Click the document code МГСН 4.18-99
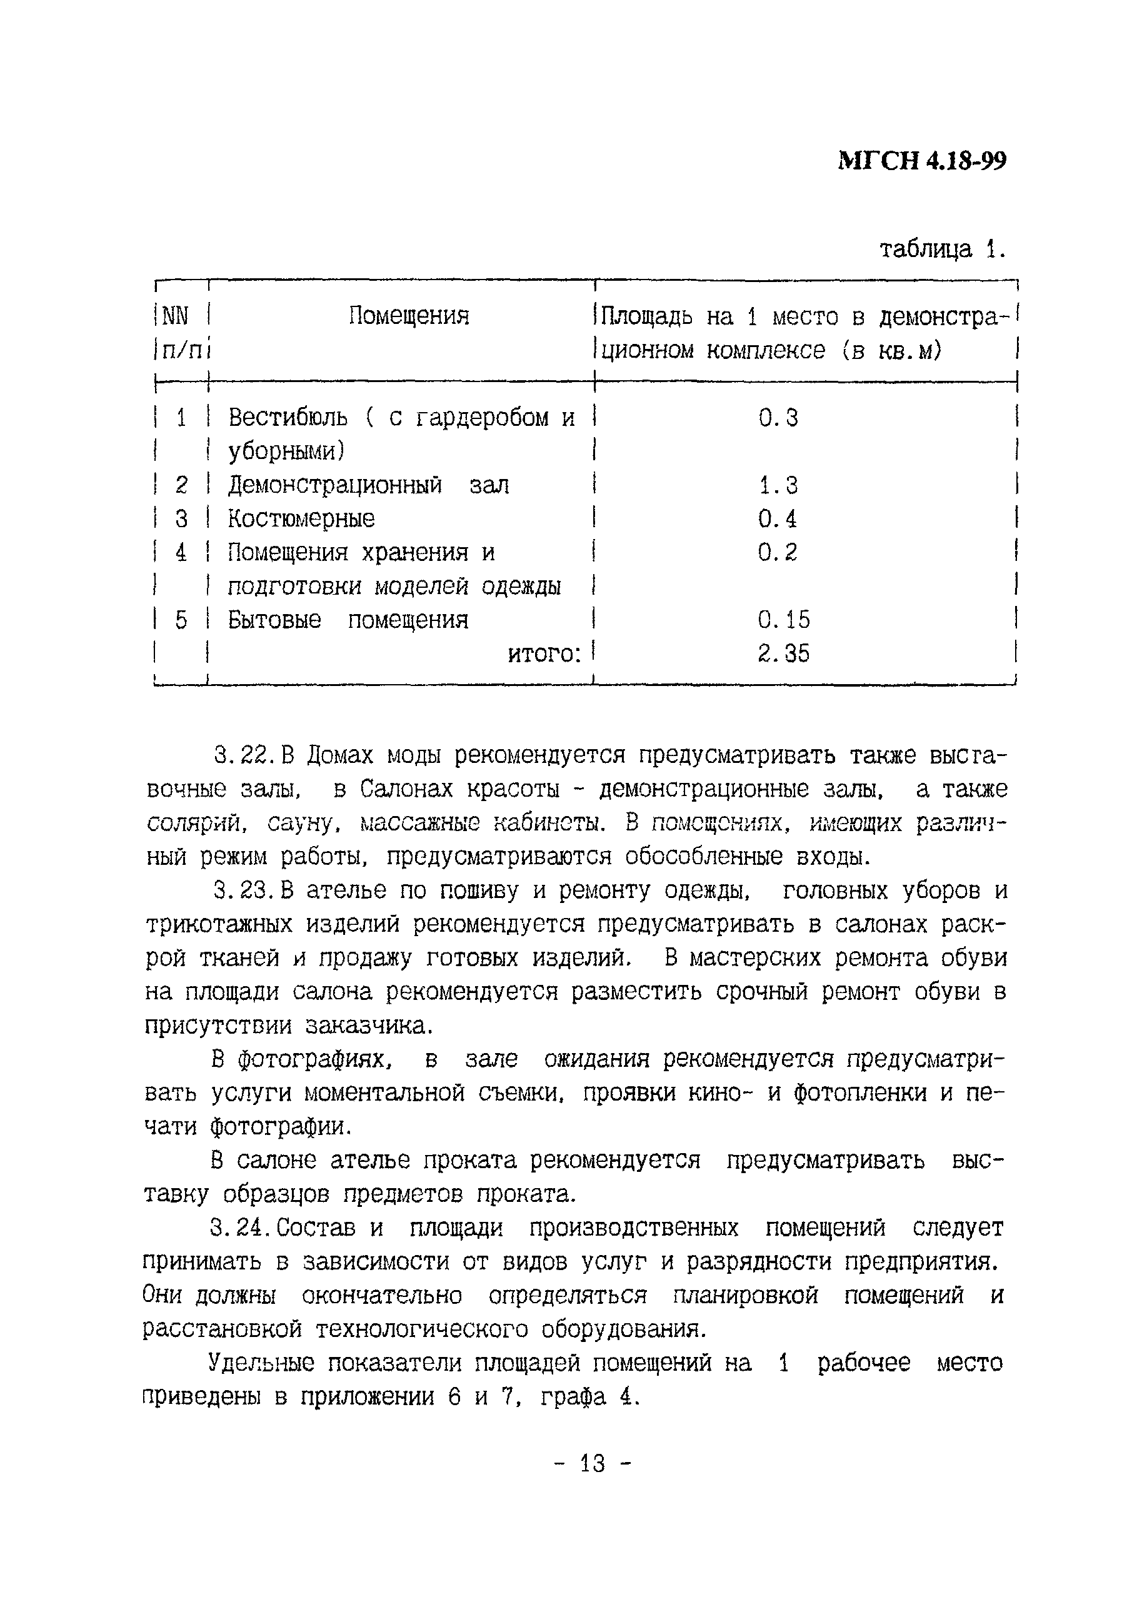[x=922, y=161]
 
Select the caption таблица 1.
[x=942, y=249]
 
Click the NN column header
[x=175, y=317]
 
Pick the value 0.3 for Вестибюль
[x=778, y=418]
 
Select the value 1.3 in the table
[x=778, y=485]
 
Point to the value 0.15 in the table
[x=783, y=620]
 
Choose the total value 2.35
[x=783, y=653]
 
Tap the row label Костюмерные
[x=301, y=518]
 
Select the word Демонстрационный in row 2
[x=335, y=485]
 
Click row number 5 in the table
[x=181, y=620]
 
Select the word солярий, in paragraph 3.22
[x=197, y=824]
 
